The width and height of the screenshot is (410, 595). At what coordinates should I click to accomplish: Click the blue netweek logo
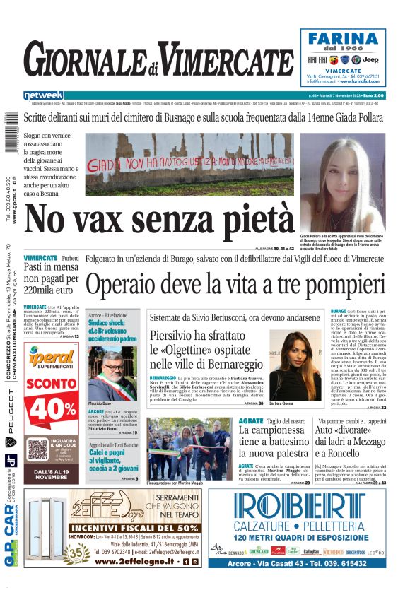(x=43, y=95)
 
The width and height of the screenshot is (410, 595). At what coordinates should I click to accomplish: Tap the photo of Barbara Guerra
(x=295, y=365)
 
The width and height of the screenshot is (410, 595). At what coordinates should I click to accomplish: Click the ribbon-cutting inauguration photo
(x=189, y=449)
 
